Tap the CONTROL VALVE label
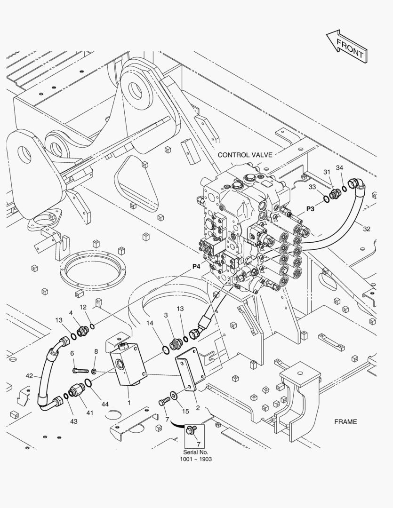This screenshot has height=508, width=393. coord(245,155)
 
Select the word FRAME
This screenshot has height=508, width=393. coord(345,421)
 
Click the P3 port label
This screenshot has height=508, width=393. coord(311,208)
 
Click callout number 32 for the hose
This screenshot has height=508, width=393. coord(367,229)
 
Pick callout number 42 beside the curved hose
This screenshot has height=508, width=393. coord(30,376)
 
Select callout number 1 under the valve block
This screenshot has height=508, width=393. coord(128,403)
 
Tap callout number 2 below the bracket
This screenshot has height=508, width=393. coord(198,407)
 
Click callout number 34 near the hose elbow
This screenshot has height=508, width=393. coord(339,167)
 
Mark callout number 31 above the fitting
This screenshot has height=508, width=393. coord(327,172)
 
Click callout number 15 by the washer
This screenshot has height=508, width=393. coord(185,411)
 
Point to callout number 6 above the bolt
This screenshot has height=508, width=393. coord(72,353)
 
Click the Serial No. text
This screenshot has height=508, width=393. coord(195,452)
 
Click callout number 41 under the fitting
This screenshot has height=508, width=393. coord(89,413)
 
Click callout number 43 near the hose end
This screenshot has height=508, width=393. coord(74,421)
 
